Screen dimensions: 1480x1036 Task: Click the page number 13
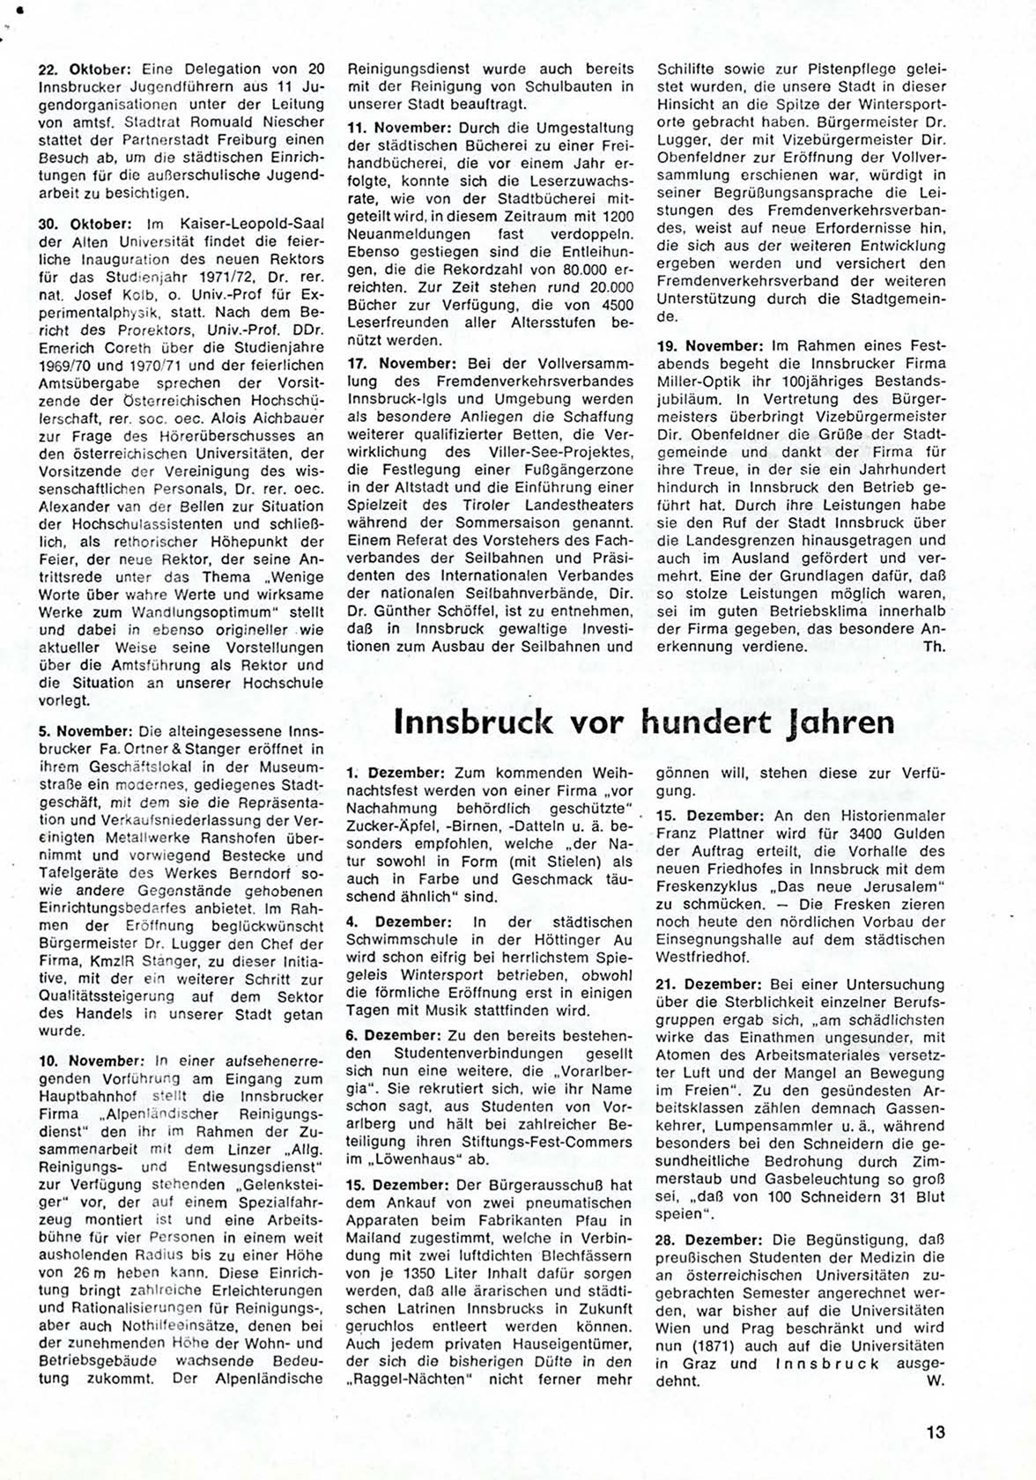935,1432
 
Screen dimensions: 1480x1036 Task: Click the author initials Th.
933,646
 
